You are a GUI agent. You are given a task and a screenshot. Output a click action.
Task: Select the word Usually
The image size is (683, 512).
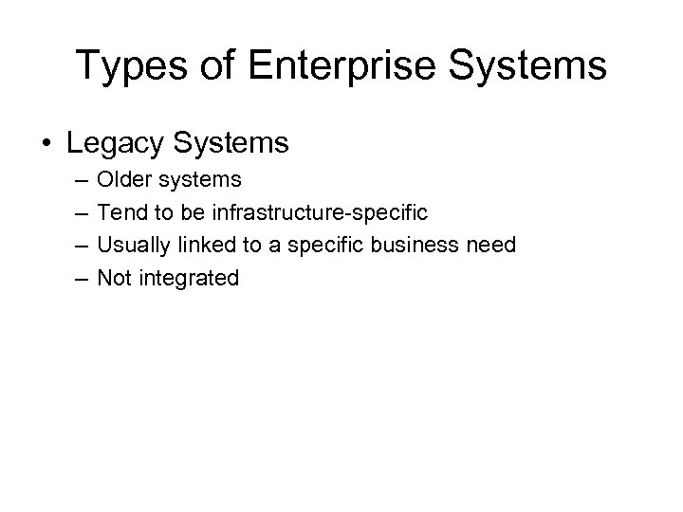[x=132, y=246]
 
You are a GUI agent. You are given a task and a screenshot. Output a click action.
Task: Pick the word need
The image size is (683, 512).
[x=490, y=246]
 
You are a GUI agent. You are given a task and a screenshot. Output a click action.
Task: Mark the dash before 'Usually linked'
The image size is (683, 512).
[x=75, y=247]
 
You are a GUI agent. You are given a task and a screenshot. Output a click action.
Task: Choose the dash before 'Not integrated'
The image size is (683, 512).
[x=75, y=280]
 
